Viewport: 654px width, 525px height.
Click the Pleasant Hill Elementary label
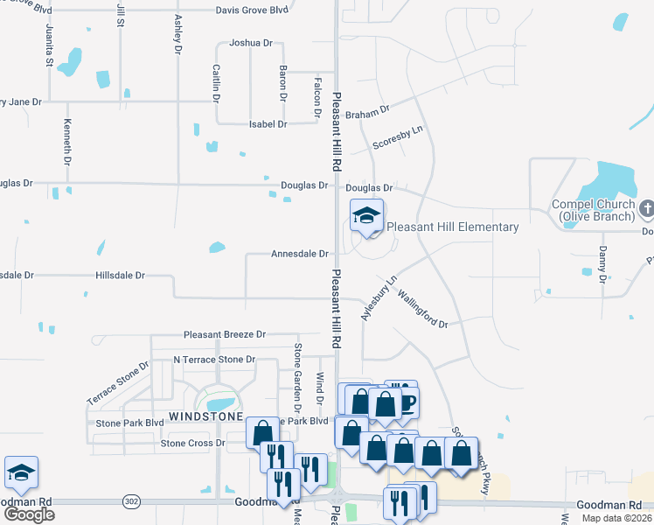[453, 227]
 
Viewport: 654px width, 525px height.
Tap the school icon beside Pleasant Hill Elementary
[367, 214]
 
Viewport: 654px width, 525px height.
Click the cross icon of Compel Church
[646, 208]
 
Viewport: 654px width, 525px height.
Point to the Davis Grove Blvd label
[253, 10]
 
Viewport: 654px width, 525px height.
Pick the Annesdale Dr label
[300, 254]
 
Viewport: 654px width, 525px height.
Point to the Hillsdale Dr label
[121, 275]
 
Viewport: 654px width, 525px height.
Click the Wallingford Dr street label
[422, 310]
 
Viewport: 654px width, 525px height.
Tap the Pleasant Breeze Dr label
[224, 335]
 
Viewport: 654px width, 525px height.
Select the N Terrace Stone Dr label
[214, 360]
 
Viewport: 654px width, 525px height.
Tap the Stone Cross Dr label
[192, 444]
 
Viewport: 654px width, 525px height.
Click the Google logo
[29, 514]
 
